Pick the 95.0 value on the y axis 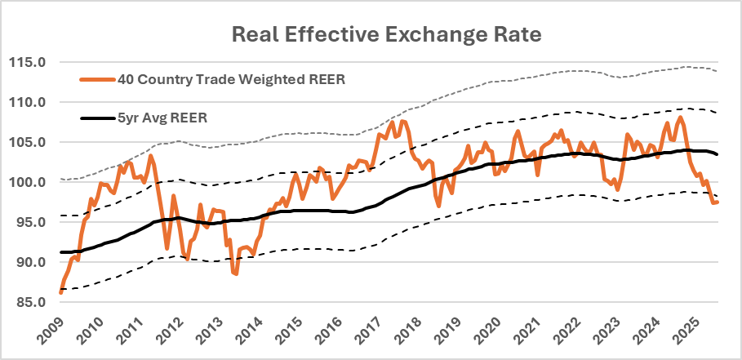[x=32, y=222]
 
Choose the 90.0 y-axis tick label [x=32, y=262]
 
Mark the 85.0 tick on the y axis [x=32, y=302]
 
